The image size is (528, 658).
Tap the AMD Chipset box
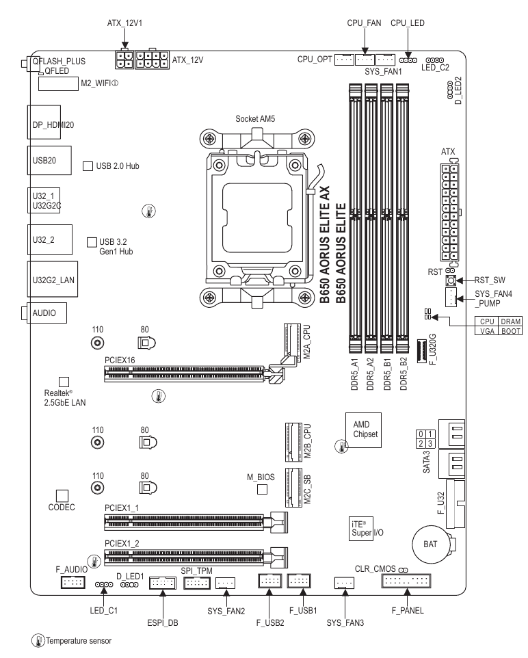pos(363,430)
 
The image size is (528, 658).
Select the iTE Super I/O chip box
pos(361,528)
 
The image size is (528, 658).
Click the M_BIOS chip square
pos(263,489)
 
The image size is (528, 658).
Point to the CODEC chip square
pos(62,496)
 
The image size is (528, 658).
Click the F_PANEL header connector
pos(406,581)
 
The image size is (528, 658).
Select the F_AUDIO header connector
pos(73,582)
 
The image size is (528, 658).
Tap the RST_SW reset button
pos(451,280)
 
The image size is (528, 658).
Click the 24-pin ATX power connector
pos(449,213)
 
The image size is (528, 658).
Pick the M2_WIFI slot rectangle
pos(58,83)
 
